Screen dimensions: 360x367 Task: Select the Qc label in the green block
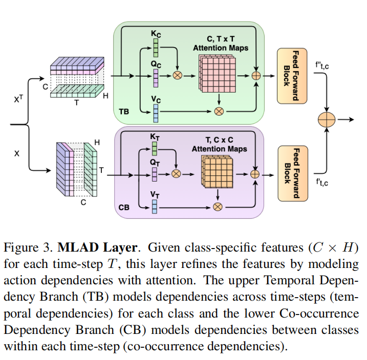point(156,64)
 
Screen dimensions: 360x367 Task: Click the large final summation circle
point(326,120)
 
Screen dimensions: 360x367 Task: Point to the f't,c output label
point(322,182)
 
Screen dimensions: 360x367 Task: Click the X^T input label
point(19,100)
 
